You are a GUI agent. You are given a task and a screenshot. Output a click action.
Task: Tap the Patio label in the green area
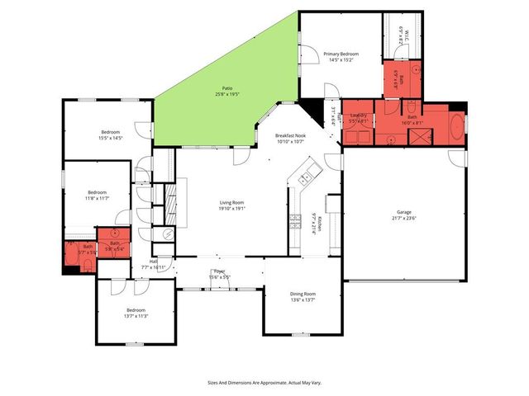click(x=226, y=88)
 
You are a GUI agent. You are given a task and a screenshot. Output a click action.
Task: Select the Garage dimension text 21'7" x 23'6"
click(x=404, y=219)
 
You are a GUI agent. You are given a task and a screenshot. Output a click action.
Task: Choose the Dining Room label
click(x=302, y=297)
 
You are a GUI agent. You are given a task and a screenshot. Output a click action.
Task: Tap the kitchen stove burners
click(x=293, y=219)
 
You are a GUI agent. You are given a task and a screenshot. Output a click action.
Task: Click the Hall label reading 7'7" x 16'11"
click(x=154, y=264)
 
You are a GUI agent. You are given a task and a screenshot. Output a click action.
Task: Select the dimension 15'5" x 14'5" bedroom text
click(x=112, y=138)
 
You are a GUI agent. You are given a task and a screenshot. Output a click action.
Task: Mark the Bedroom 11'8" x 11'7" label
click(x=98, y=196)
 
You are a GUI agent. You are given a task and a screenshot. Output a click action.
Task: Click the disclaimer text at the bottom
click(x=264, y=383)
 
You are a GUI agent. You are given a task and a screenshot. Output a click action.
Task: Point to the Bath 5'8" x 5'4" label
click(x=114, y=246)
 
